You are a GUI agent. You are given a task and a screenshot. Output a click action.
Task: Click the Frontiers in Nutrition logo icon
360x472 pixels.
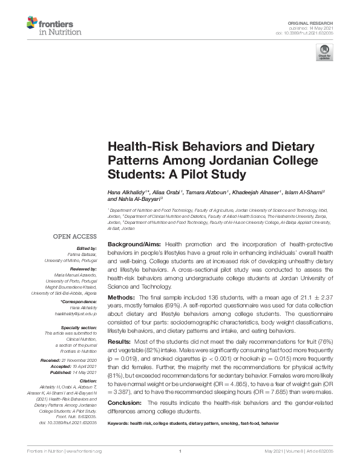click(x=33, y=24)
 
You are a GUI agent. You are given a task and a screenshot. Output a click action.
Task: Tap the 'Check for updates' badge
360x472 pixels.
click(x=324, y=53)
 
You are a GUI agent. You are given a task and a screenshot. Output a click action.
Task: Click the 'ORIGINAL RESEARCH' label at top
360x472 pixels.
click(x=316, y=21)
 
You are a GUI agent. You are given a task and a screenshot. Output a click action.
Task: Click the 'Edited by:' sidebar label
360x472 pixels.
click(x=85, y=249)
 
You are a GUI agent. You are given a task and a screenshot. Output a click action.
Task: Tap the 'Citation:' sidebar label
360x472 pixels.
click(x=88, y=373)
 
